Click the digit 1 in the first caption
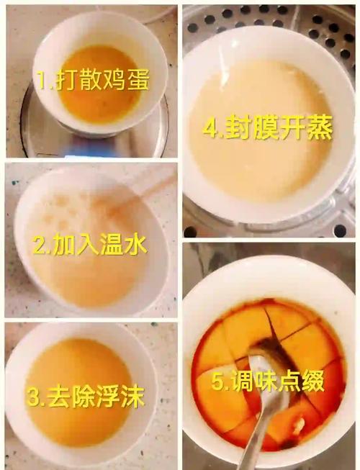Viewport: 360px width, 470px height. (42, 81)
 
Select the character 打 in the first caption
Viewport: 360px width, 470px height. (66, 81)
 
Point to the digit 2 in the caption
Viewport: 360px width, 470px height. (40, 246)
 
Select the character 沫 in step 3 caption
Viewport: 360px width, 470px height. (132, 397)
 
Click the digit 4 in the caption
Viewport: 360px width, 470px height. (210, 130)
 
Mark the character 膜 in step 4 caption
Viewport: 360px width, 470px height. (263, 130)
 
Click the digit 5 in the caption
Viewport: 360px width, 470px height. (217, 381)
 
